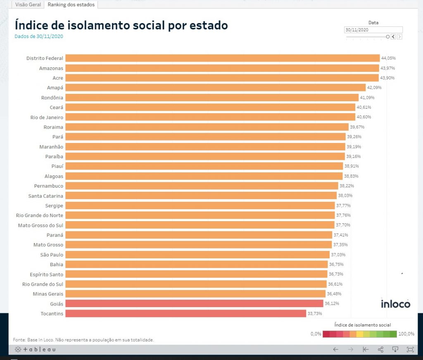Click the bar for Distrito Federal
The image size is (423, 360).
[x=222, y=58]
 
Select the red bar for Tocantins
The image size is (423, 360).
[x=185, y=313]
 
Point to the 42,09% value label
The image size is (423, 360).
[x=374, y=88]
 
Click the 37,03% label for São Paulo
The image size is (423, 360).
[x=338, y=255]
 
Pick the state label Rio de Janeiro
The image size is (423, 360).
[x=47, y=117]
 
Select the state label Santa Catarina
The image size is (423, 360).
[x=46, y=195]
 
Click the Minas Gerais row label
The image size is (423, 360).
[x=48, y=294]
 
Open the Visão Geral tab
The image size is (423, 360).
[x=27, y=5]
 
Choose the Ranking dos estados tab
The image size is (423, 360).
[x=71, y=5]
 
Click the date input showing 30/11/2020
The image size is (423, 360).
[x=373, y=30]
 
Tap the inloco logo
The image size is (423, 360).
[x=395, y=304]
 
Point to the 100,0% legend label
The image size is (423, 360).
[x=406, y=334]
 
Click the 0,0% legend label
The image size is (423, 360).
[x=316, y=334]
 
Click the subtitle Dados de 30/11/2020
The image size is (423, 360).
[x=39, y=36]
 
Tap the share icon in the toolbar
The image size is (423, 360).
[x=380, y=350]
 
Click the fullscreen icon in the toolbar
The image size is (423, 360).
[x=410, y=350]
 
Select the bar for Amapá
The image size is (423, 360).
[x=215, y=88]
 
